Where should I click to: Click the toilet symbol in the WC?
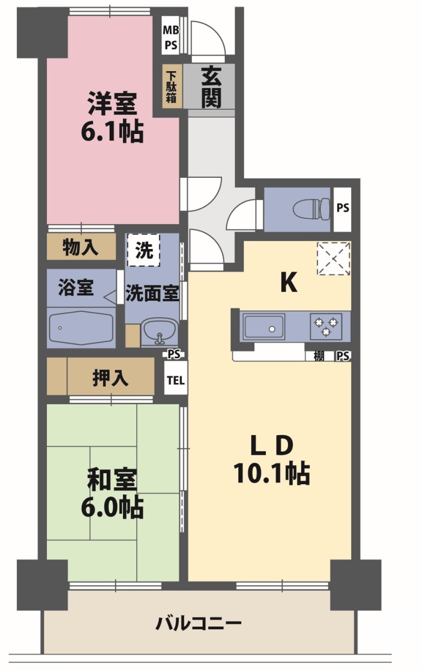[x=312, y=209]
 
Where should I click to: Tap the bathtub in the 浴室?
[x=81, y=328]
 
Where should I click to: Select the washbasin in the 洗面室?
[x=160, y=332]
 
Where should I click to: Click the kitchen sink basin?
[x=264, y=327]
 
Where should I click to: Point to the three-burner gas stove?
[x=326, y=327]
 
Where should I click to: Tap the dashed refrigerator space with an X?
[x=333, y=259]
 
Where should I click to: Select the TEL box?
[x=176, y=380]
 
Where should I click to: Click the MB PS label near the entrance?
[x=171, y=37]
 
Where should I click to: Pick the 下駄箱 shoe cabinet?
[x=172, y=86]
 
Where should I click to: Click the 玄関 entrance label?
[x=212, y=87]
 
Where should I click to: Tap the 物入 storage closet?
[x=81, y=247]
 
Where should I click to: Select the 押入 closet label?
[x=110, y=378]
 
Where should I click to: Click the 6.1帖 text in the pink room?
[x=112, y=131]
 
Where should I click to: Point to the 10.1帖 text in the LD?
[x=272, y=473]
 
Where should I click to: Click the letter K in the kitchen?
[x=289, y=282]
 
